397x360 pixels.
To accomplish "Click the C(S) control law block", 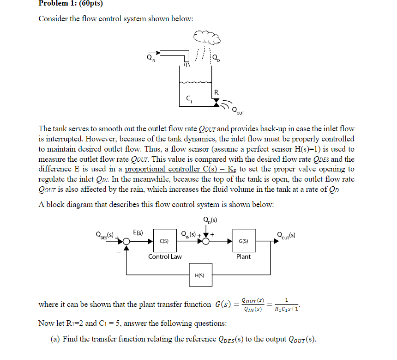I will click(164, 241).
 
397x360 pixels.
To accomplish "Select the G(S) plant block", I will click(244, 241).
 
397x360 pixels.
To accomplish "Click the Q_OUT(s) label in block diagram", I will click(286, 234).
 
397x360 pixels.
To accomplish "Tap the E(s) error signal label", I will click(138, 232).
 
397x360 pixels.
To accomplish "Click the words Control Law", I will click(165, 256).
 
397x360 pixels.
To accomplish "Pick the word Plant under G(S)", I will click(243, 256).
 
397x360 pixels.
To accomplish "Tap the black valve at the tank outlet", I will click(216, 103).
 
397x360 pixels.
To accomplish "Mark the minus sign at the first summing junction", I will click(119, 252).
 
